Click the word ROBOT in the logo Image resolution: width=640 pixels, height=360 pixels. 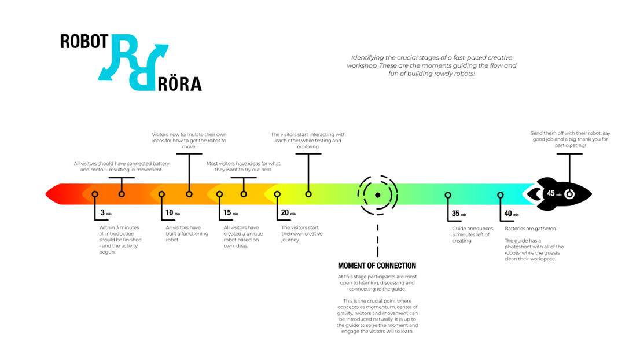point(84,42)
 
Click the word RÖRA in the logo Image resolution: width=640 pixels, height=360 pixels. point(179,84)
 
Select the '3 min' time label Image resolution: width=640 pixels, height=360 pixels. point(106,212)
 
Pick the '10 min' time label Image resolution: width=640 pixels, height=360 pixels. point(172,212)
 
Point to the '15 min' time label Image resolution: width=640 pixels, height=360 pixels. point(231,212)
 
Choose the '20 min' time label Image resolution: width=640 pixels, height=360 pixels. point(288,212)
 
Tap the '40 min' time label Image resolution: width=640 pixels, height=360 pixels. point(512,214)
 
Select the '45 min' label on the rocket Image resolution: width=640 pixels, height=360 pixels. point(554,193)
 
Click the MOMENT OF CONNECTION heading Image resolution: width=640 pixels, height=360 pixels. point(377,266)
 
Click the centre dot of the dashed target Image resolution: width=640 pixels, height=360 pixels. point(377,195)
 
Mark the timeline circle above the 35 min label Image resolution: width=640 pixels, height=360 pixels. point(448,195)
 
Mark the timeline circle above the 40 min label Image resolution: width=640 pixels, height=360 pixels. point(501,195)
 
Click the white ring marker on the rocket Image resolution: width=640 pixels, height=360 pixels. point(569,194)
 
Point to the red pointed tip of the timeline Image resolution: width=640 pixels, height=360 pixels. point(46,194)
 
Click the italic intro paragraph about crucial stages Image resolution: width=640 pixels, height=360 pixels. point(432,66)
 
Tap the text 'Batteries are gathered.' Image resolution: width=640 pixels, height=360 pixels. point(531,229)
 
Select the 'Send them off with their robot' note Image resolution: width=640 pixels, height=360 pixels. point(570,139)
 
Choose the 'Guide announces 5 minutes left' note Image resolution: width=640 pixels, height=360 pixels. point(472,234)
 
